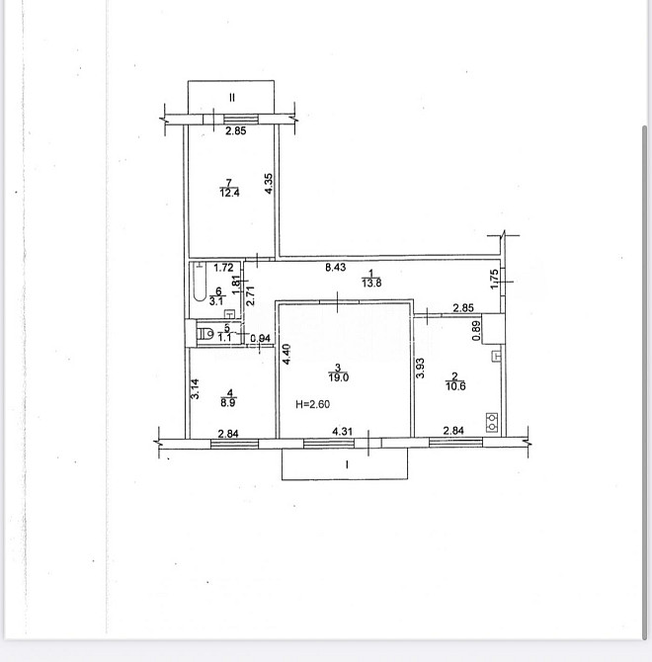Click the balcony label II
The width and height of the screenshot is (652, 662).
(232, 98)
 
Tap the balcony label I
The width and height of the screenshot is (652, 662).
(347, 464)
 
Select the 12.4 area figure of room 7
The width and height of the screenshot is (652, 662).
(229, 193)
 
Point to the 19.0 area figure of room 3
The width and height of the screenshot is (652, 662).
(339, 377)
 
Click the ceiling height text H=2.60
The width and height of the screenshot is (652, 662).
(313, 404)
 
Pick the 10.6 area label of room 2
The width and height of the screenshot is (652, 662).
(455, 386)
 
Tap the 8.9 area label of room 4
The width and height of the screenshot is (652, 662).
(228, 403)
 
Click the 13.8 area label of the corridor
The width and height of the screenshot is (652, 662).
(371, 283)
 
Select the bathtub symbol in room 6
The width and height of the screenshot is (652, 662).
(200, 282)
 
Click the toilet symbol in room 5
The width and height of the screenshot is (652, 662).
(205, 334)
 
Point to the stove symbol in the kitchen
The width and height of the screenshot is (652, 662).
(492, 422)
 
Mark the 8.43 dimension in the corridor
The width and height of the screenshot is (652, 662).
(336, 267)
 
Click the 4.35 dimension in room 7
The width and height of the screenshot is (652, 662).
(269, 184)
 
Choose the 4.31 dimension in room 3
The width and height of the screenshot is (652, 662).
(342, 432)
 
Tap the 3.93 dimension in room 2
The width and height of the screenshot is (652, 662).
(420, 369)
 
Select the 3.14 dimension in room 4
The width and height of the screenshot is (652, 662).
(195, 389)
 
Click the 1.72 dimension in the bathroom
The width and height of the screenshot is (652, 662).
(223, 268)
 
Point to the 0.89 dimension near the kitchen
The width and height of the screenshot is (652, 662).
(476, 331)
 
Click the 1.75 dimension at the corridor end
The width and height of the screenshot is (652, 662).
(494, 279)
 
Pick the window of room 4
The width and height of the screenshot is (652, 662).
(235, 444)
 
